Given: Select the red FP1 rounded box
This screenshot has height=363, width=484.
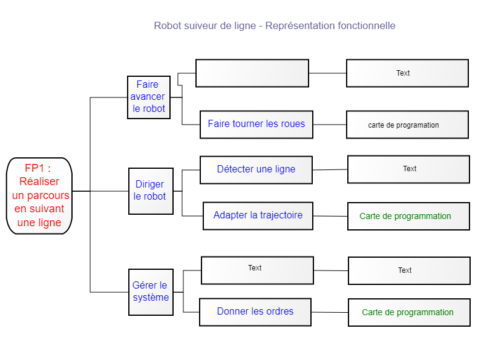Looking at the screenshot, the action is pos(39,196).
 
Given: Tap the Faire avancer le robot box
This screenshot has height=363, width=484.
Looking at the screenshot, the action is pos(149,97).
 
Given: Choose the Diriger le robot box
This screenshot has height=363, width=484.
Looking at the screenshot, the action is pos(151,191).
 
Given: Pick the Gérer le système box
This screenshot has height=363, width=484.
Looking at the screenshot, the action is pos(151,292).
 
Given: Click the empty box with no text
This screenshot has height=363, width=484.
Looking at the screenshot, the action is pos(252,73).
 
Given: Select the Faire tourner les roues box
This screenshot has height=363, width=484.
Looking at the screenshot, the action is pos(257,125).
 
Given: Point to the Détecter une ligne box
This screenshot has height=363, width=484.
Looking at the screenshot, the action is pos(256,170).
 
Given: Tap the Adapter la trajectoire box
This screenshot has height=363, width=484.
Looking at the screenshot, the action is pos(258,216).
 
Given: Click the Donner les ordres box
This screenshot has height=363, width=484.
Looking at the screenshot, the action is pos(255,312).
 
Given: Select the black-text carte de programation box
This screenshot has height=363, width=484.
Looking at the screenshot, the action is pos(407,125).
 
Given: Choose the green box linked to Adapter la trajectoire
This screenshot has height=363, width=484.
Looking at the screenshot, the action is pos(409,216).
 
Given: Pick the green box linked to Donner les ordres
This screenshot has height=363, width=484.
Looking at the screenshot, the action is pos(410,312).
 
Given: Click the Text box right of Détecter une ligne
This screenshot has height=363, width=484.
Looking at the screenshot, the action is pos(409,169).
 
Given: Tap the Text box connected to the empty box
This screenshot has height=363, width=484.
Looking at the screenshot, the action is pos(407,73).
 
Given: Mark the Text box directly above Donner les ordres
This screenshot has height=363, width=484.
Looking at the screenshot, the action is pos(258,270).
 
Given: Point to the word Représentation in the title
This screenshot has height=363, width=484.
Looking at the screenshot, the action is pos(299,26).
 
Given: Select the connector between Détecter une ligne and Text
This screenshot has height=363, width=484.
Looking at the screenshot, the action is pos(330,170).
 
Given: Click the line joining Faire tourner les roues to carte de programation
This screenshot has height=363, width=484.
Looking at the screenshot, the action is pos(330,125).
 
